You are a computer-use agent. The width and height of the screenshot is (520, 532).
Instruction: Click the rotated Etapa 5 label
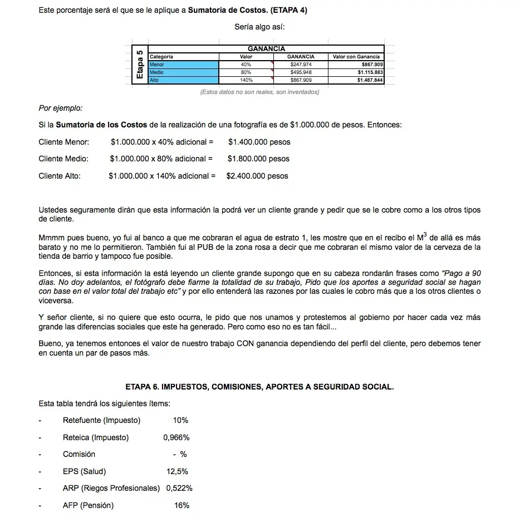pos(140,65)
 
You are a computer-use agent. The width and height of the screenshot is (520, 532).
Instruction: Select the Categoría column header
pos(161,57)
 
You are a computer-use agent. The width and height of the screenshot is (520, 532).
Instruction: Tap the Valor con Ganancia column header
pos(356,57)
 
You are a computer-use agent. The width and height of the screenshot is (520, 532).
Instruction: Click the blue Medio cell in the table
pos(183,72)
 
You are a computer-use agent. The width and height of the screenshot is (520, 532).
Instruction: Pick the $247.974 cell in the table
pos(301,65)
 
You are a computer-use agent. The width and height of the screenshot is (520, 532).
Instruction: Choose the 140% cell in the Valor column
pos(246,80)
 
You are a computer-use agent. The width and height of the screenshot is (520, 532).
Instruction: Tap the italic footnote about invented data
pos(259,92)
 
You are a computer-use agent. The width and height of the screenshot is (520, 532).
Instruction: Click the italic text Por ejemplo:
pos(60,108)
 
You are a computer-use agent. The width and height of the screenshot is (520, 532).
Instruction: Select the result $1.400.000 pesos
pos(259,142)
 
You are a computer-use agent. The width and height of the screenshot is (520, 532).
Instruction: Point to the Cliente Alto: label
pos(60,176)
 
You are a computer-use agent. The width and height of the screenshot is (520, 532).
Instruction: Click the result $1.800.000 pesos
pos(258,159)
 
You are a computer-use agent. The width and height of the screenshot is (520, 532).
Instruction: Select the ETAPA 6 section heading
pos(259,387)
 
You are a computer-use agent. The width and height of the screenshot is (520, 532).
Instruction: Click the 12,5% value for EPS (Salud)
pos(177,471)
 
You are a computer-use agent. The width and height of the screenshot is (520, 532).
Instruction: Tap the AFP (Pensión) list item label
pos(88,505)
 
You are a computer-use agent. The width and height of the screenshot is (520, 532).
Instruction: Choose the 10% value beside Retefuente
pos(180,420)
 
